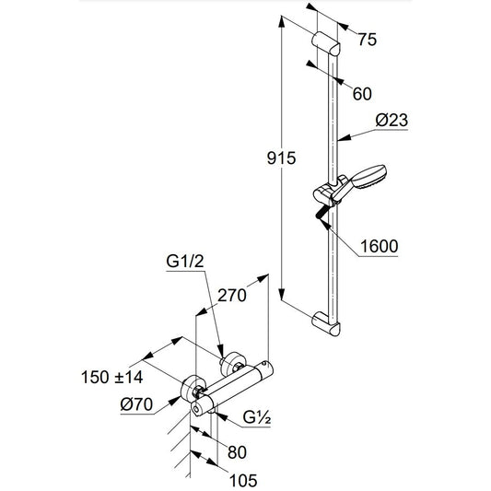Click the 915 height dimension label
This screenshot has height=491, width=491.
point(280,158)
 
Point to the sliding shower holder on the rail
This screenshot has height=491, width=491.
point(325,195)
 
